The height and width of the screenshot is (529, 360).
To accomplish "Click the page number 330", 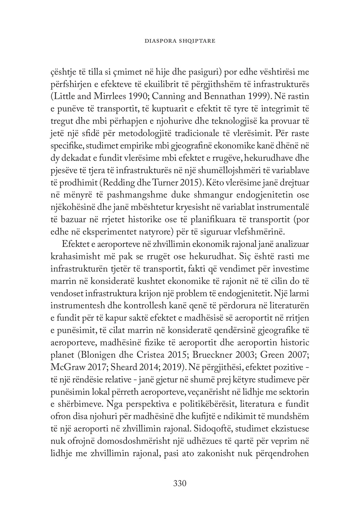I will pos(180,483).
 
